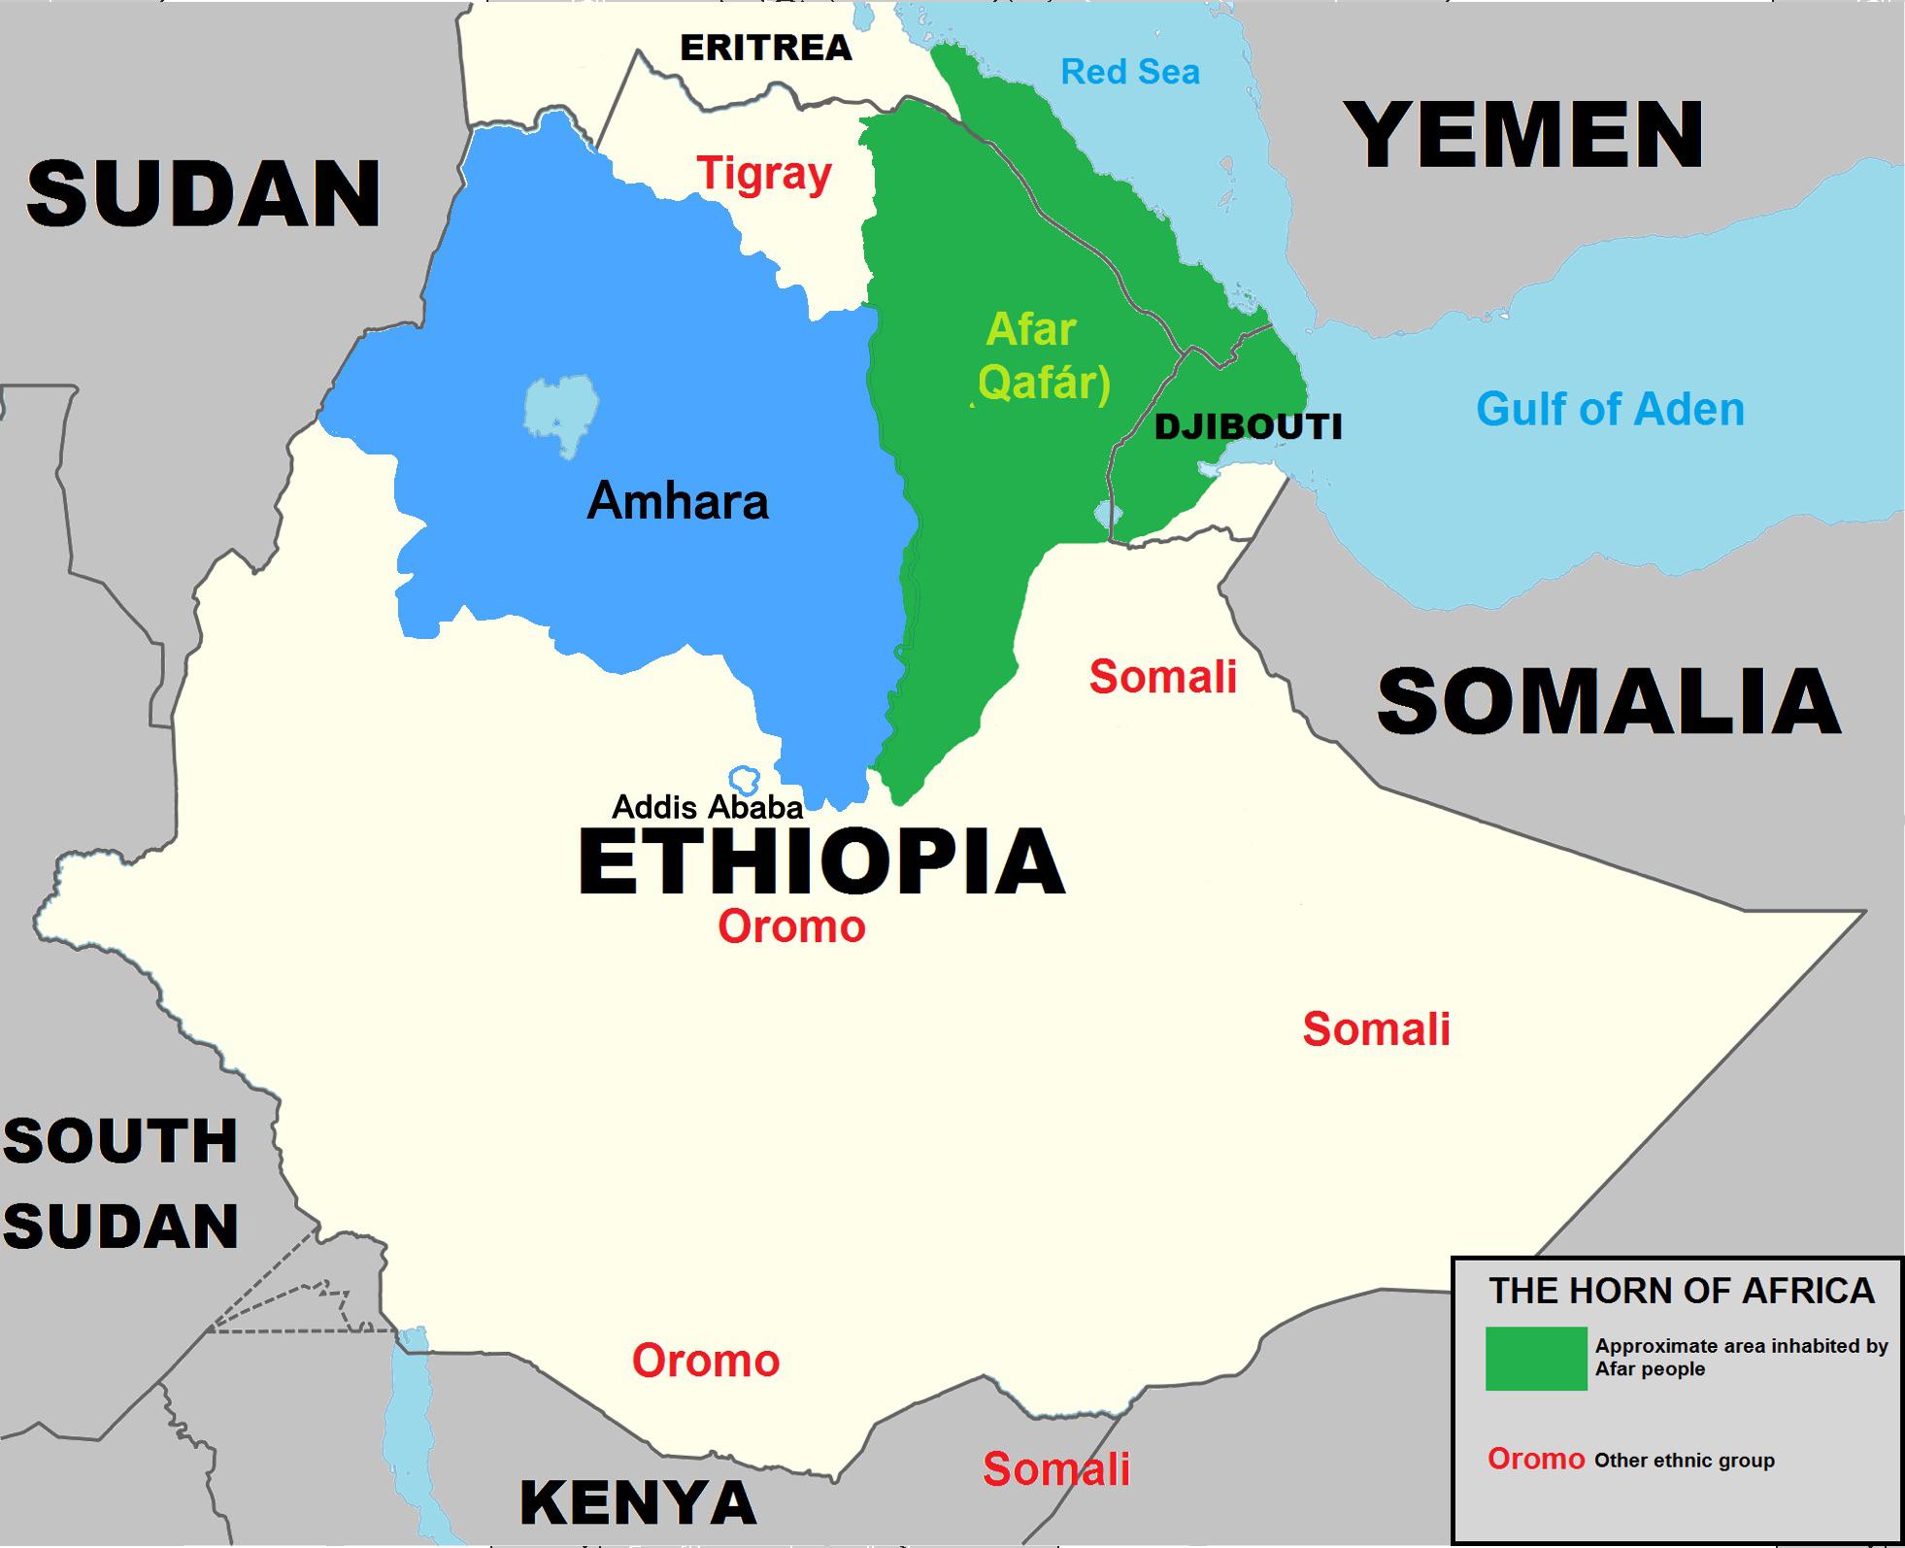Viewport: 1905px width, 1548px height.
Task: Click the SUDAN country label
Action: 204,194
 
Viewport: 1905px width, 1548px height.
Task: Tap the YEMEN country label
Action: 1528,136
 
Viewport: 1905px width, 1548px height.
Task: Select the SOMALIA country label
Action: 1609,702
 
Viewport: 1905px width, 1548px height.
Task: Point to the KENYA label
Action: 638,1502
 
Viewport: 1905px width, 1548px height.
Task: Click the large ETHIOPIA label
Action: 821,862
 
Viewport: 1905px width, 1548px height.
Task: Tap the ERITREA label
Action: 765,48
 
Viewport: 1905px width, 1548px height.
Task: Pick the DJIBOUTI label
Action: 1248,426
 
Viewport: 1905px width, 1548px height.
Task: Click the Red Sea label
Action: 1129,72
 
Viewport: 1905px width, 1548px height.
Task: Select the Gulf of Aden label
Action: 1610,409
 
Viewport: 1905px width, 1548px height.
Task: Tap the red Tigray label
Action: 765,175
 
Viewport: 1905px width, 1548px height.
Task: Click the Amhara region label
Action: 678,502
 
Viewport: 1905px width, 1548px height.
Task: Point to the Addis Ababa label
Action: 707,807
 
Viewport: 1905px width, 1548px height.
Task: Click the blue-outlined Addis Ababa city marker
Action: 745,778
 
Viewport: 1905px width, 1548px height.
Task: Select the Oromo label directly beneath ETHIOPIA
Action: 791,926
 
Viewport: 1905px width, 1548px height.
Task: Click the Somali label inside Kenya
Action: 1056,1468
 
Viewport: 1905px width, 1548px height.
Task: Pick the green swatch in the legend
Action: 1535,1358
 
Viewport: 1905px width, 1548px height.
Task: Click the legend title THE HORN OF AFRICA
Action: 1682,1291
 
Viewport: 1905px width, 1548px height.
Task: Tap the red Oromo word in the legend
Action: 1535,1459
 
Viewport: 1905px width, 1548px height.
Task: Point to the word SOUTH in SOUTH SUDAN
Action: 120,1141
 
